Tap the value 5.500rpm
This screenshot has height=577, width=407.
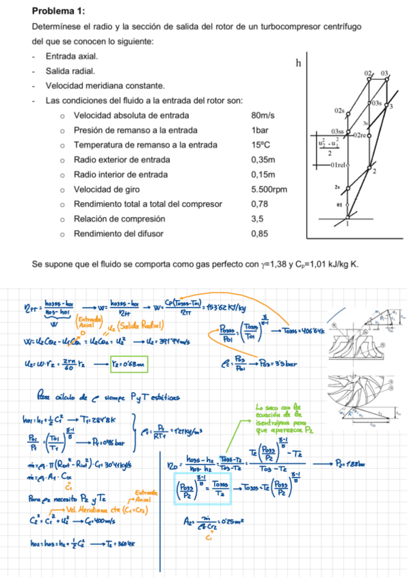(269, 189)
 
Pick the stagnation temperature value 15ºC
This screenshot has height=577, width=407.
(260, 145)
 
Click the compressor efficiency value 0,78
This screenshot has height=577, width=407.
(260, 204)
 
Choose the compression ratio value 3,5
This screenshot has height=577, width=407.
(257, 219)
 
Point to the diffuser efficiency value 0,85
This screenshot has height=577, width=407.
(260, 234)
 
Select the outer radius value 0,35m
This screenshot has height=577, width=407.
(262, 160)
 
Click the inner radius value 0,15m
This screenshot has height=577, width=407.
(262, 174)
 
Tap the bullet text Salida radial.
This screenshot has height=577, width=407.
(70, 71)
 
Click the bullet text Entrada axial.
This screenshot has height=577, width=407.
(71, 56)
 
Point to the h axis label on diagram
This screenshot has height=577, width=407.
(298, 63)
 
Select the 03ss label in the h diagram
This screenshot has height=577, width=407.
(337, 130)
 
